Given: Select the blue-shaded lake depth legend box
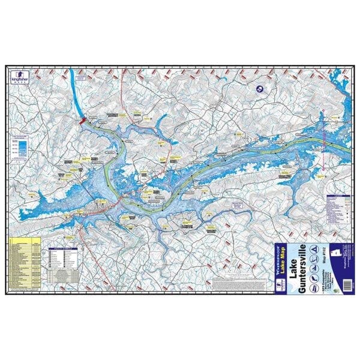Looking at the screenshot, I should tap(20, 148).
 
